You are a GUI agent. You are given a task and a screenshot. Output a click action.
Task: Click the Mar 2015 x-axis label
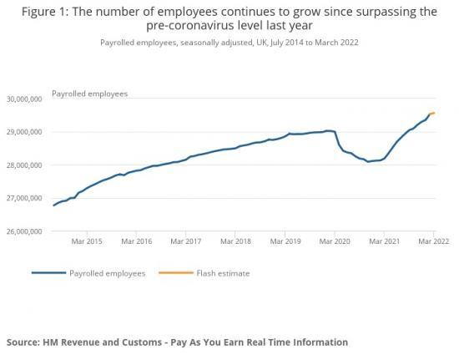pyautogui.click(x=88, y=241)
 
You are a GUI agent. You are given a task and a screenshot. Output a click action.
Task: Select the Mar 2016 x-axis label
pyautogui.click(x=137, y=241)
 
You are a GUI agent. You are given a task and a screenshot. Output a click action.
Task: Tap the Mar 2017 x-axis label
pyautogui.click(x=187, y=241)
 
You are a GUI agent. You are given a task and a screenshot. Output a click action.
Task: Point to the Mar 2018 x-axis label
pyautogui.click(x=236, y=241)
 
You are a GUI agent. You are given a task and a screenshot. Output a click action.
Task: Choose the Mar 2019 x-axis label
pyautogui.click(x=285, y=241)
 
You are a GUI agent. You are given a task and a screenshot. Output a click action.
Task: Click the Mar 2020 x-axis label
pyautogui.click(x=335, y=241)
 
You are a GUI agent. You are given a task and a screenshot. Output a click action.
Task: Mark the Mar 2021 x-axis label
pyautogui.click(x=385, y=241)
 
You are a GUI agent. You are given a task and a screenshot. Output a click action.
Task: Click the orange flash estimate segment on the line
pyautogui.click(x=431, y=114)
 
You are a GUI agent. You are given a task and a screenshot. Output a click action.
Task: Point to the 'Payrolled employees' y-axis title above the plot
pyautogui.click(x=89, y=94)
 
